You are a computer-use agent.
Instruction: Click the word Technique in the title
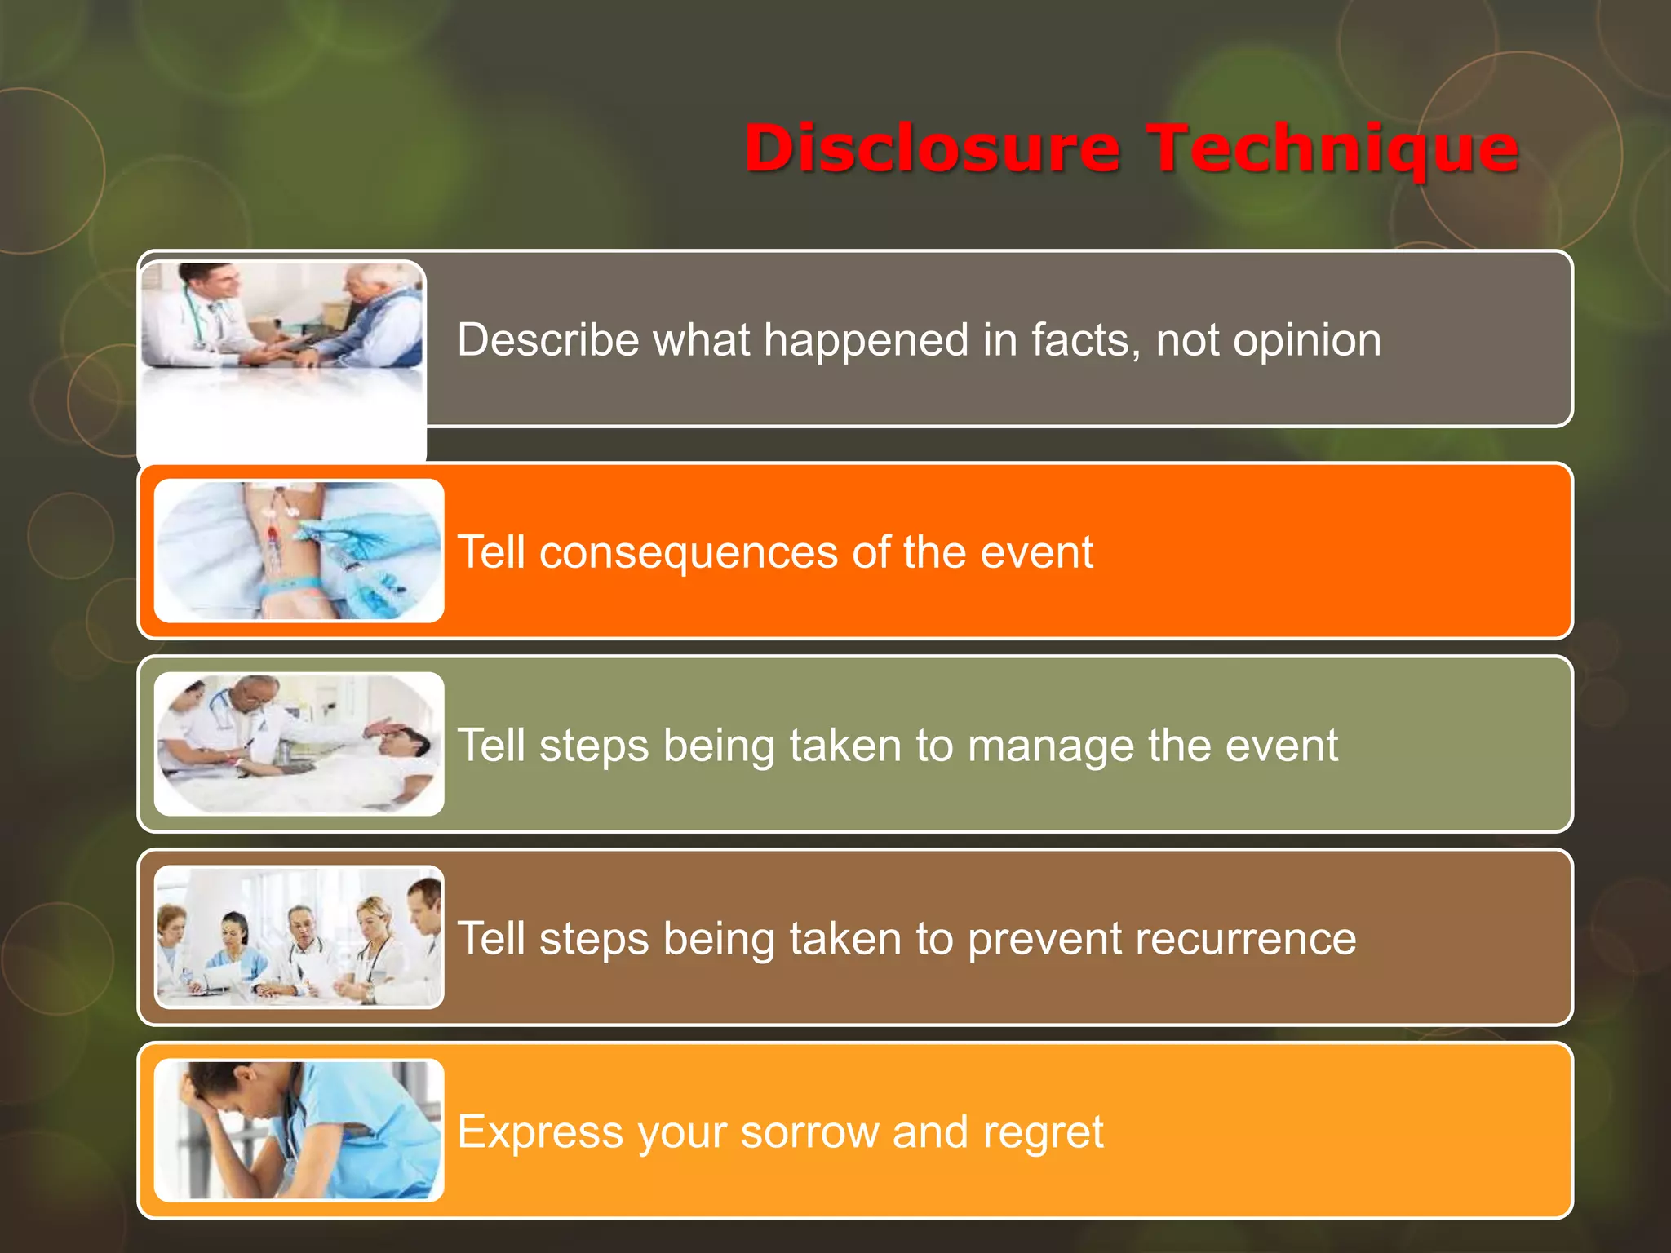click(1334, 148)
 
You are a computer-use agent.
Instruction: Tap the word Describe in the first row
click(547, 339)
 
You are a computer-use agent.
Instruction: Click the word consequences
click(688, 553)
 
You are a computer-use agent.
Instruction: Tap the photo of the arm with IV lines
click(299, 551)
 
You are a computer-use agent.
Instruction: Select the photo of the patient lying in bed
click(299, 744)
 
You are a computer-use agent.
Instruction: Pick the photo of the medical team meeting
click(299, 937)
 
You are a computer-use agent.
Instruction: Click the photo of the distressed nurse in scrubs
click(299, 1131)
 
